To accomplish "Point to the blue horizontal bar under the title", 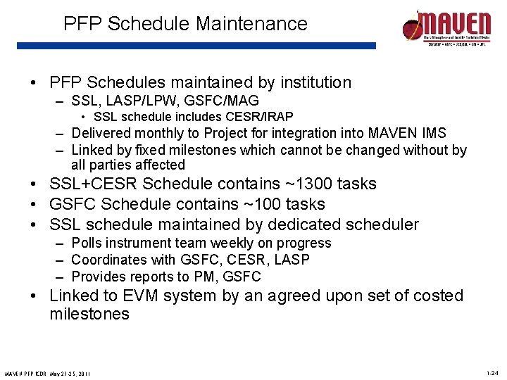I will [196, 46].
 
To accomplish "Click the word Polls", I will [87, 243].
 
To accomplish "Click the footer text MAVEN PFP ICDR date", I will [49, 372].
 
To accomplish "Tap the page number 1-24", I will [492, 372].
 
